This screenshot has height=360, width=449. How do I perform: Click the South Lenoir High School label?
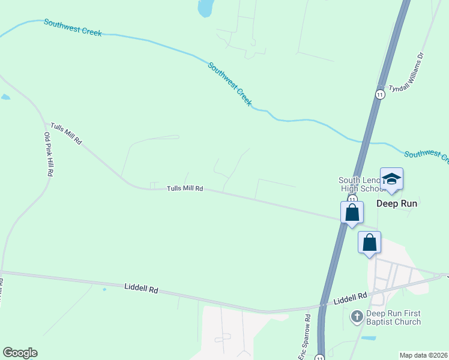360,184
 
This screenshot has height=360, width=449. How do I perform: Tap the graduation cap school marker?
391,179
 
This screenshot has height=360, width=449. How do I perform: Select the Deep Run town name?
396,203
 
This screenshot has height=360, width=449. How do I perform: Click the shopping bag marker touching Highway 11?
352,213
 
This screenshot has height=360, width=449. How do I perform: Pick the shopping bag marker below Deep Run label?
370,243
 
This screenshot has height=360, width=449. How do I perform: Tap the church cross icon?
357,316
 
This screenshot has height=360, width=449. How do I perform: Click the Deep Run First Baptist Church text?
394,318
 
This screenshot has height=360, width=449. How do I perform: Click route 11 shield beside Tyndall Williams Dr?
380,95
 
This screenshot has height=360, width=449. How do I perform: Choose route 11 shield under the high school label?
352,199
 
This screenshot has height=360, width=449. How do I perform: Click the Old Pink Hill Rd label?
47,154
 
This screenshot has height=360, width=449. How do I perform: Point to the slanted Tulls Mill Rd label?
66,133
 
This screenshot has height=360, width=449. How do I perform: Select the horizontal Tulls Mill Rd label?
185,188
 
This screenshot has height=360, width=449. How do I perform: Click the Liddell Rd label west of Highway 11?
142,289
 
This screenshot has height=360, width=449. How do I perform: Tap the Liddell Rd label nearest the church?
350,298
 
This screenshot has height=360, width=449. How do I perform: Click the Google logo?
20,353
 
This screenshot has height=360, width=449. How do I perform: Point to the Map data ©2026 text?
424,355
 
